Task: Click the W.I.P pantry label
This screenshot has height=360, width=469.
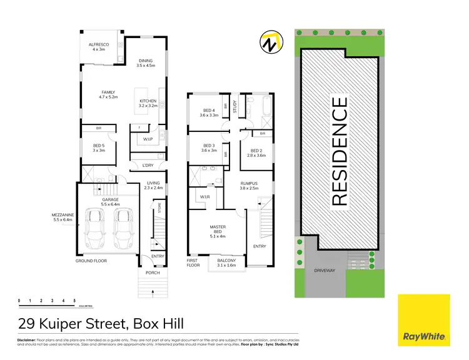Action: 148,139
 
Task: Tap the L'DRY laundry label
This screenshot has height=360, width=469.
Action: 148,166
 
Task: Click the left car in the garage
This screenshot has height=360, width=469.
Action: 97,229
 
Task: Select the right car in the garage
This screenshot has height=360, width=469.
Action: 123,229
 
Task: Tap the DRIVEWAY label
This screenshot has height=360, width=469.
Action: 325,271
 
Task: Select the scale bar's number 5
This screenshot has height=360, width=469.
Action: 74,301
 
